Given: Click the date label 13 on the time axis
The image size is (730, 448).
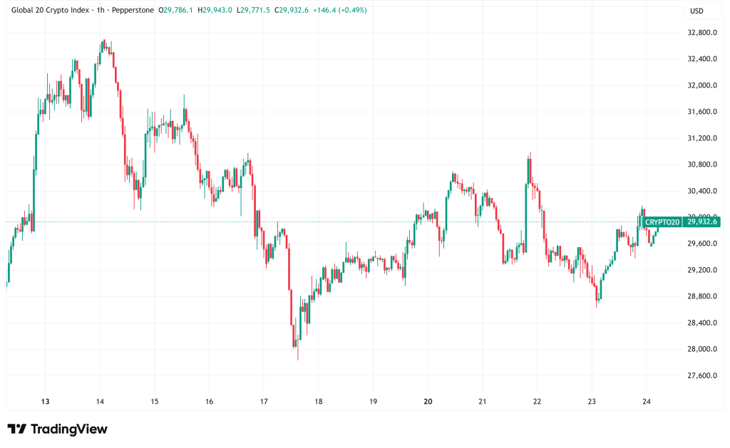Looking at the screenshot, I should pos(45,401).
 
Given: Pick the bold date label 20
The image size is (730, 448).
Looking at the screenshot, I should pos(428,401).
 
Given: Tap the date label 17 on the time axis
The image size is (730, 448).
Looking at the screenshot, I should pos(264,401).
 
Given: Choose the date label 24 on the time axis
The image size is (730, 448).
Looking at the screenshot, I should pos(646,401).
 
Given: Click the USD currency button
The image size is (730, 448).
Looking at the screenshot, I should pos(697,11).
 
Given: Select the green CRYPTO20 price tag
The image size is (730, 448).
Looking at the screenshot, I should pos(663,222).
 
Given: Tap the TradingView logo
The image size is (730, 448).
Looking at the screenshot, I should pos(58,429).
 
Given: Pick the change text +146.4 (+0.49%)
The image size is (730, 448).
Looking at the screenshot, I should pos(339,11).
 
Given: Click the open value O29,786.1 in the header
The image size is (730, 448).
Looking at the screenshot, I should pos(175,11).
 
